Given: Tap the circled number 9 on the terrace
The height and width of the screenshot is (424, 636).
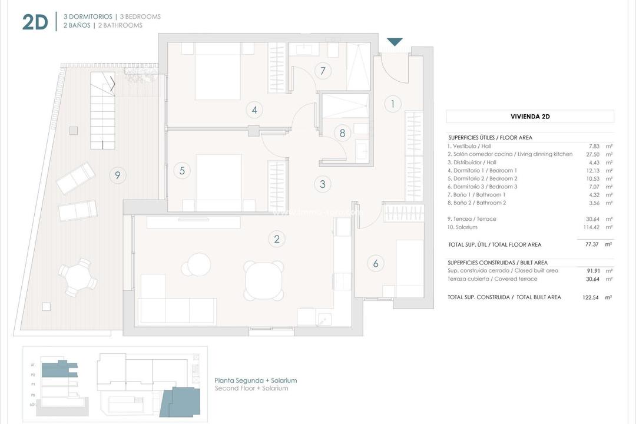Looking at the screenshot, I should pyautogui.click(x=118, y=174).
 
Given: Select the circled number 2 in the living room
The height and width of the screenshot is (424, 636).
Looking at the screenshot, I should pyautogui.click(x=276, y=238).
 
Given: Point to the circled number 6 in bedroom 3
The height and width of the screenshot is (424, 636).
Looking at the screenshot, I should pyautogui.click(x=376, y=263).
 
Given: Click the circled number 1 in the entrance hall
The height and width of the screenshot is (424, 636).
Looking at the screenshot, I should pyautogui.click(x=393, y=104).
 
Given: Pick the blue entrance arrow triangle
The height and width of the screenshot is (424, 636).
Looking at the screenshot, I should pyautogui.click(x=395, y=42).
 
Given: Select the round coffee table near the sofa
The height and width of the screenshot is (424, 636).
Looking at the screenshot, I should pyautogui.click(x=199, y=264).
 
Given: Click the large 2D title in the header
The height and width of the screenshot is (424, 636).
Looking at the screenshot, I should pyautogui.click(x=35, y=22).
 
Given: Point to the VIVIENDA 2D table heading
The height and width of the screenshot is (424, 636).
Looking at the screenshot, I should pyautogui.click(x=529, y=116).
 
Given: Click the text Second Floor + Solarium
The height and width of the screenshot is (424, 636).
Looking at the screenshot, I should pyautogui.click(x=251, y=389).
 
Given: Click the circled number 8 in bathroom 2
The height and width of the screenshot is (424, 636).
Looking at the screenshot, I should pyautogui.click(x=342, y=132).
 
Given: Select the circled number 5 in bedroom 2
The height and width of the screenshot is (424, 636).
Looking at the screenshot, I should pyautogui.click(x=182, y=171).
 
